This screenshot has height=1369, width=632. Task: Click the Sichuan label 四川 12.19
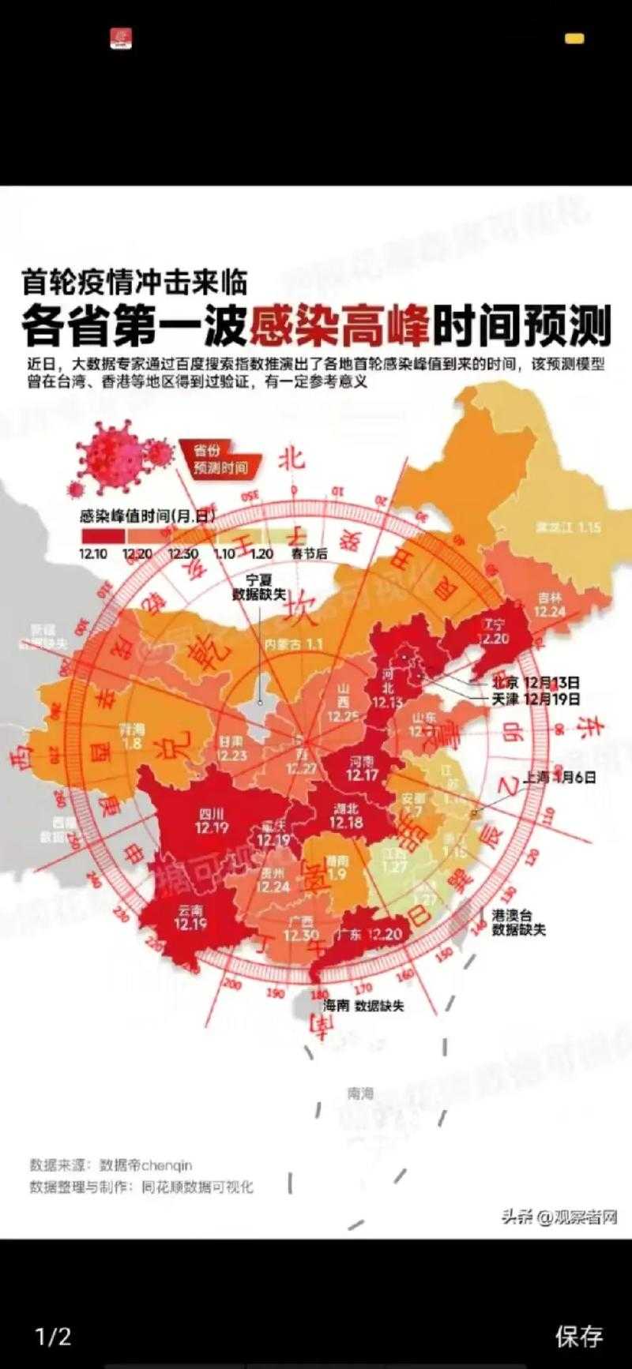point(211,820)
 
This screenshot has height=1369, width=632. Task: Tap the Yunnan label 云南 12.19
point(190,917)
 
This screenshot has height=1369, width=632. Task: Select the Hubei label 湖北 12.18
point(345,816)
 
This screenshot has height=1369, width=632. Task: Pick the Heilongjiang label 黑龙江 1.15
point(568,527)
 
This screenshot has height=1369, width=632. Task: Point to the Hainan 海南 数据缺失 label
point(363,1006)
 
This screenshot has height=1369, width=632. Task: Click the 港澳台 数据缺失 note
point(518,922)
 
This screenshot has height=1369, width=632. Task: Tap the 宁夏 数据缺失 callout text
point(258,587)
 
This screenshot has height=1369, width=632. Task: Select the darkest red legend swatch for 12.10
point(102,535)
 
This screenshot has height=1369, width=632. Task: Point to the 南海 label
point(360,1093)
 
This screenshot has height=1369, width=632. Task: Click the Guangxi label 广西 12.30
point(301,929)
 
